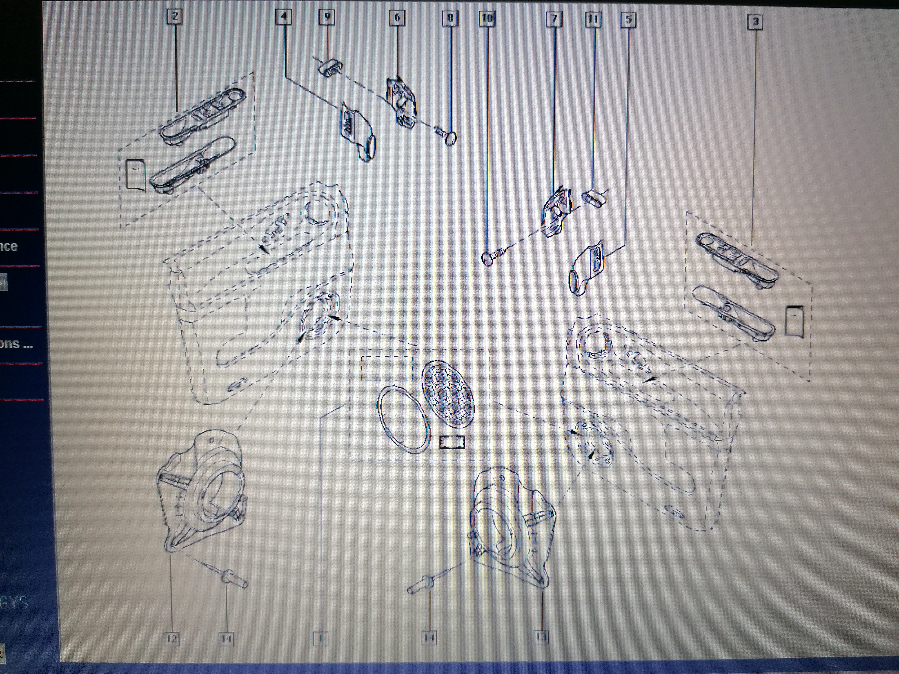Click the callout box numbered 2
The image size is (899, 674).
tap(175, 17)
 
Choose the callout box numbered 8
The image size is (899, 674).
tap(450, 18)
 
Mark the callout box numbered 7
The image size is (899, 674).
tap(554, 19)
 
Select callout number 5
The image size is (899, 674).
tap(628, 20)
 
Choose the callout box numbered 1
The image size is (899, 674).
tap(321, 639)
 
